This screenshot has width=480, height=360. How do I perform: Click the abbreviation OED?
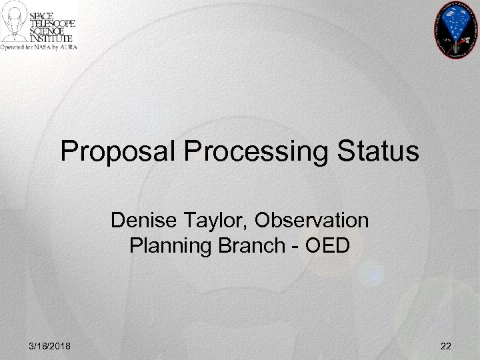click(x=327, y=246)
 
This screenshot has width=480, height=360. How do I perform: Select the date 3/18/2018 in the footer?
click(x=52, y=345)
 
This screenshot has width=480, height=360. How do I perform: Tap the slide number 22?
click(x=445, y=345)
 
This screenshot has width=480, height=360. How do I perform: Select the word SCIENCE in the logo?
click(x=53, y=31)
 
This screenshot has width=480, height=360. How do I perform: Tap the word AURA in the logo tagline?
click(x=67, y=48)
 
